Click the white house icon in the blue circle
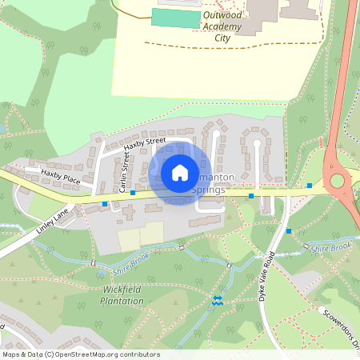180,172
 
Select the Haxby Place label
62,177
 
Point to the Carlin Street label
124,174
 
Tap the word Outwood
222,14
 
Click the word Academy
222,26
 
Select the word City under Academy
222,37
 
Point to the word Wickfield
123,290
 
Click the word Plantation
123,301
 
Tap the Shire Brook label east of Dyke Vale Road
332,248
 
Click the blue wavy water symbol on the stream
218,300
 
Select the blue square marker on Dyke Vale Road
289,230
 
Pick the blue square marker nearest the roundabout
310,186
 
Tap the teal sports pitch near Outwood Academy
175,18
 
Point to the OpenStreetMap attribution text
80,354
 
